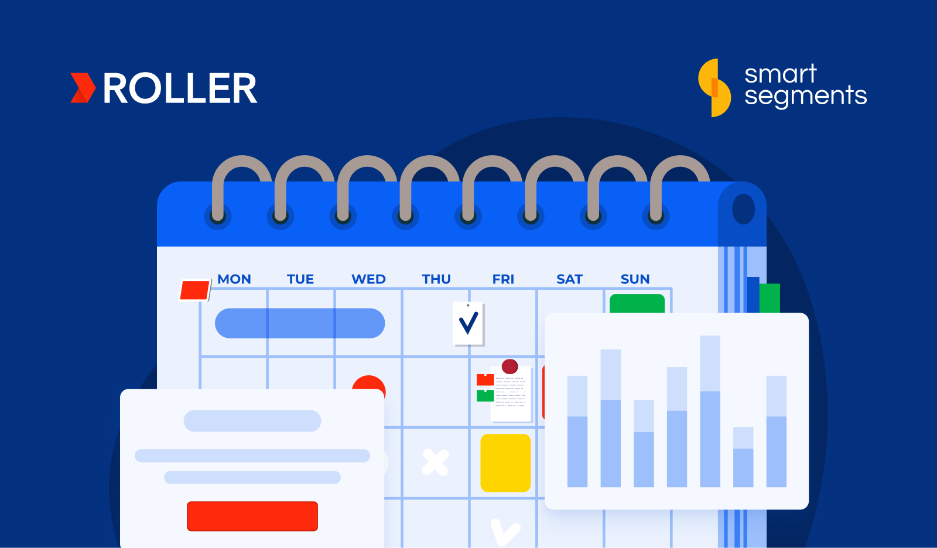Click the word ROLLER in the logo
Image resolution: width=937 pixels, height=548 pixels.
coord(180,89)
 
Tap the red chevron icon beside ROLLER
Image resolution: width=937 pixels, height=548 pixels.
coord(83,88)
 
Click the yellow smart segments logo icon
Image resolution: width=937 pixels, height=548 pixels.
coord(714,88)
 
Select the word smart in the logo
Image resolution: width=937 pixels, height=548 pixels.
coord(780,74)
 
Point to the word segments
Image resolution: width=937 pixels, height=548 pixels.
coord(805,96)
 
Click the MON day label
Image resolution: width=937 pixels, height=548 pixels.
coord(234,279)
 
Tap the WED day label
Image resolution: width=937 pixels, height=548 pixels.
coord(368,279)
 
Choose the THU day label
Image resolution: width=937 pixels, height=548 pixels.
coord(436,279)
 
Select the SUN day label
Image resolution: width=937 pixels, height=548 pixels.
coord(635,279)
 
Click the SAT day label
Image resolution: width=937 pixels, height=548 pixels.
coord(569,279)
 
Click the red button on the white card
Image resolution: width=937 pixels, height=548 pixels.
coord(252,516)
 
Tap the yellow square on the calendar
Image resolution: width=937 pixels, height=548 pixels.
coord(505,463)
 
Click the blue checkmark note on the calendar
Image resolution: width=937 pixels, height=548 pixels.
coord(468,323)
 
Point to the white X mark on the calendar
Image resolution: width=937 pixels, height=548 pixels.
coord(435,463)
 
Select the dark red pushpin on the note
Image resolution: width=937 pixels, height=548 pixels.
coord(510,367)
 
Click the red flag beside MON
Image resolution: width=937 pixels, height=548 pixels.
coord(194,290)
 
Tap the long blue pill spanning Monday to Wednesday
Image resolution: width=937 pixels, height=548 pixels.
coord(300,323)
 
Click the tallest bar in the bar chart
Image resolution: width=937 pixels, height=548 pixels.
coord(710,411)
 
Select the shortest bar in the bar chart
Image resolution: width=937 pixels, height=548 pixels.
coord(743,457)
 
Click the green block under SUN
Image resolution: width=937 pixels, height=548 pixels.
coord(637,304)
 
